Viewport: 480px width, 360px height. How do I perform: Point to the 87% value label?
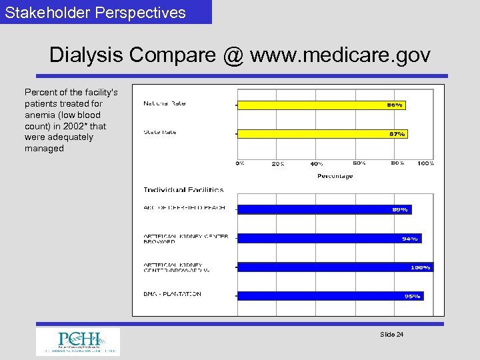point(397,134)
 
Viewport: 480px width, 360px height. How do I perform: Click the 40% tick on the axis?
point(317,163)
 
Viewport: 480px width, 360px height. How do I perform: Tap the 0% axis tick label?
point(239,163)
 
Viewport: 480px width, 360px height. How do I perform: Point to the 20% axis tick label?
point(278,163)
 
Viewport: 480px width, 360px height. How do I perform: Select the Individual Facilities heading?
point(183,190)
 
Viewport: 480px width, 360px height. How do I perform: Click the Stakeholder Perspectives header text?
point(95,12)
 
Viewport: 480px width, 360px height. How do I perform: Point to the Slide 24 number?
point(391,334)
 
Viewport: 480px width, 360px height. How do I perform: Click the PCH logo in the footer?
point(78,341)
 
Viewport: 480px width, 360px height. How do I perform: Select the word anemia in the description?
point(39,115)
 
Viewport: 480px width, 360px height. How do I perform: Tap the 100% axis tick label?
point(426,163)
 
